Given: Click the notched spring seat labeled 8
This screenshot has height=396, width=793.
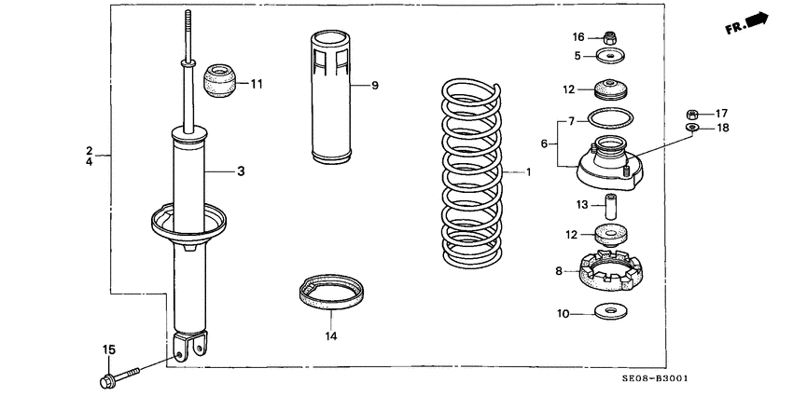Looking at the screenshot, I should [x=611, y=271].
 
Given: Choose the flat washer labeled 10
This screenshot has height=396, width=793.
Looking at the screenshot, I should [x=611, y=310].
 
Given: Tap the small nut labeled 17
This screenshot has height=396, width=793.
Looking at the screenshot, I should [x=692, y=114].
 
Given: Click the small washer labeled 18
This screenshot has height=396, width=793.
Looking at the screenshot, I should [x=692, y=127].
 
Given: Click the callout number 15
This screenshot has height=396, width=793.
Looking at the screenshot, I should [x=108, y=349].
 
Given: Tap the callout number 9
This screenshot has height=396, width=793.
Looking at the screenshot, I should [x=374, y=86].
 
